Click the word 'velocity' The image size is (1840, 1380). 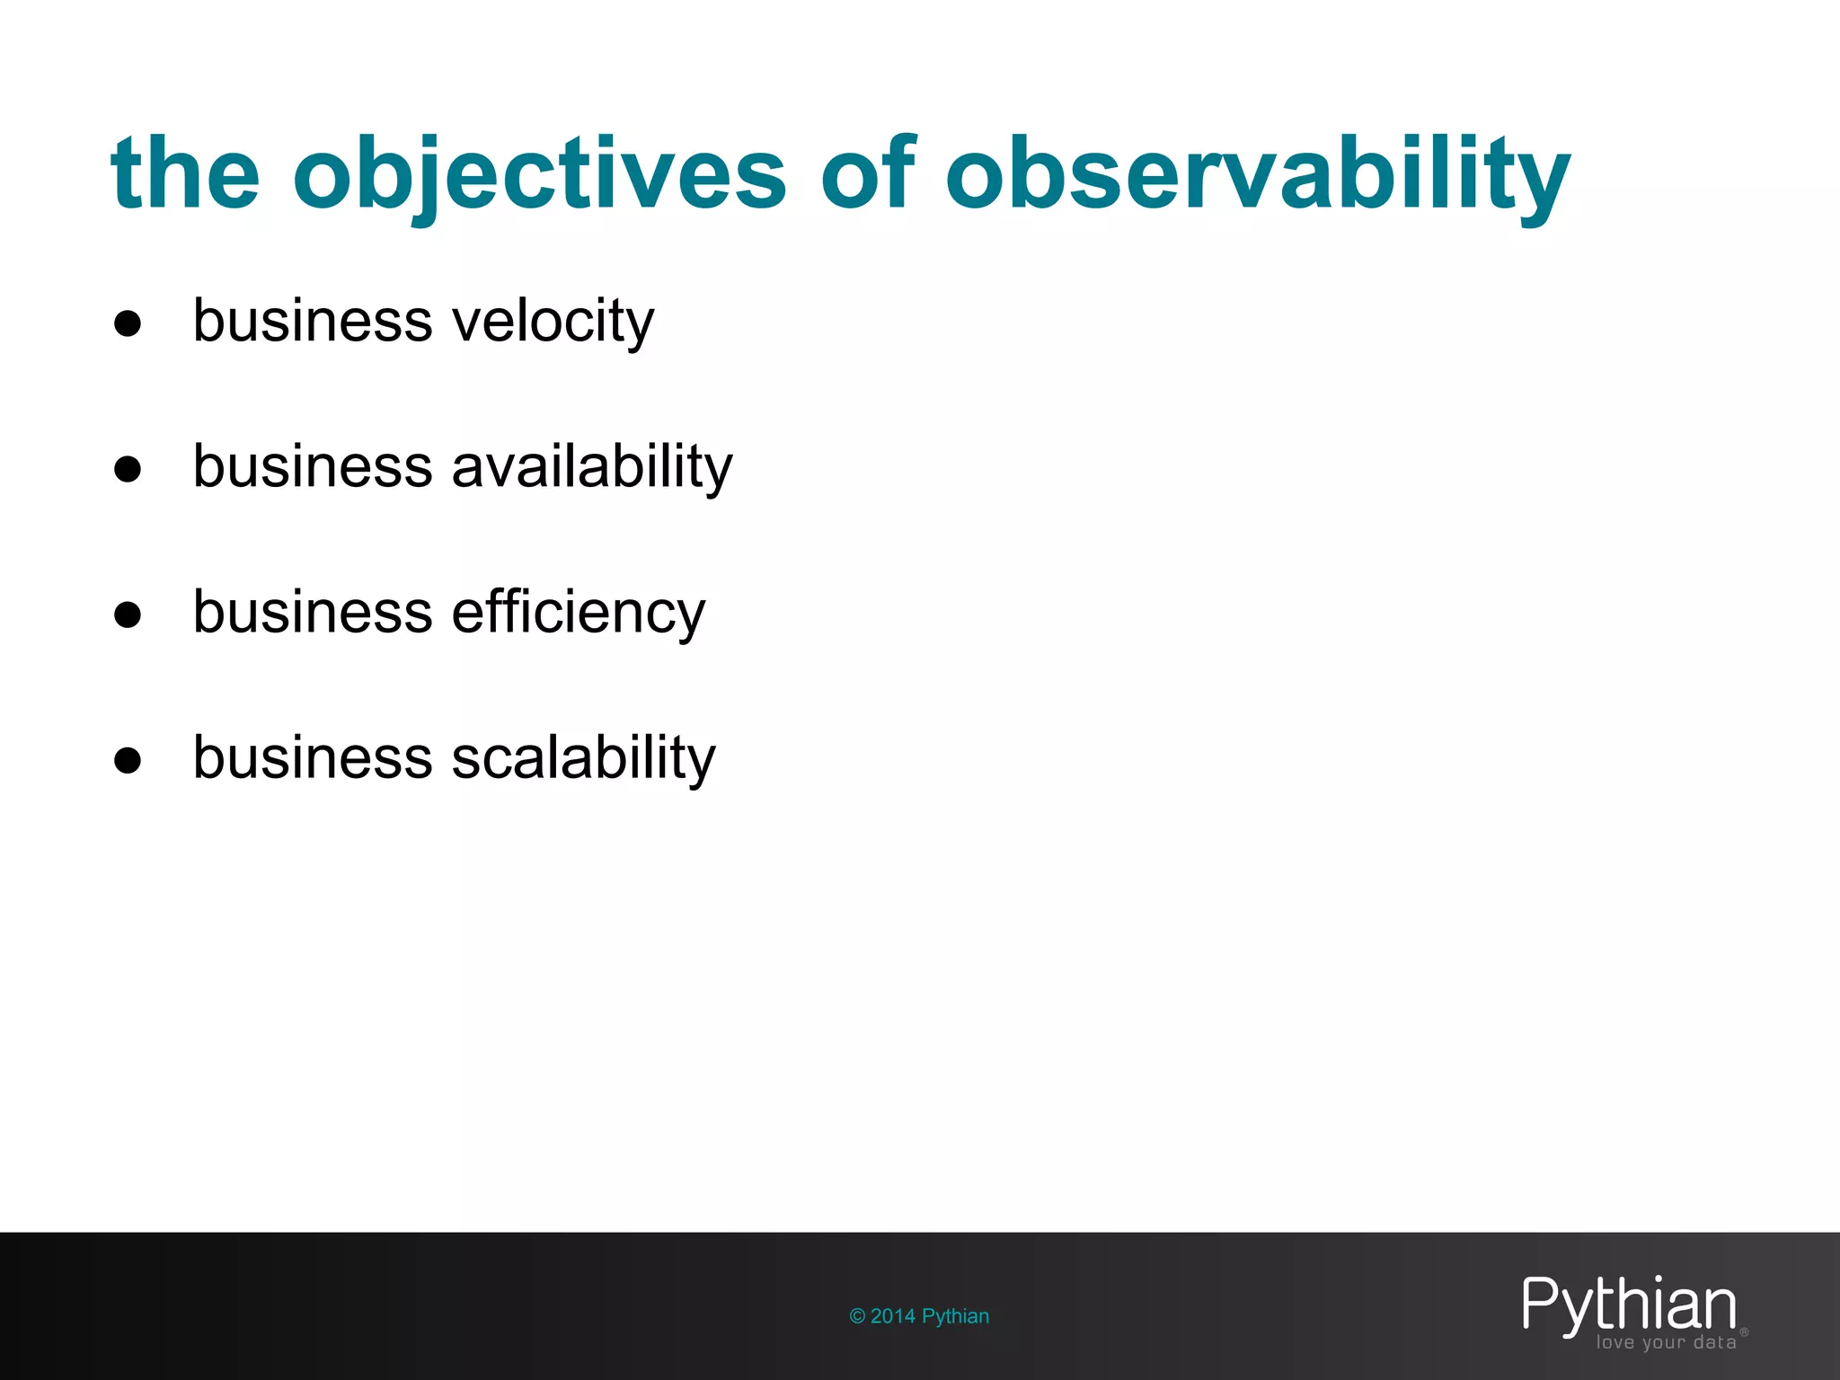point(553,321)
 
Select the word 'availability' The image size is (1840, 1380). point(592,466)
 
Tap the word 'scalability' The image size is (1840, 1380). point(583,757)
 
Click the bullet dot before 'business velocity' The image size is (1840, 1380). point(128,323)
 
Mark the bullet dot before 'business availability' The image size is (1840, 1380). point(128,469)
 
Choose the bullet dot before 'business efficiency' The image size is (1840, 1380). point(128,615)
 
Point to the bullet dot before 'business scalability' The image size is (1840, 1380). point(128,760)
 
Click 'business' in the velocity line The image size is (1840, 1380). point(314,321)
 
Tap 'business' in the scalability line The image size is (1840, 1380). point(314,757)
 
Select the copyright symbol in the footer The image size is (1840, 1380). point(857,1316)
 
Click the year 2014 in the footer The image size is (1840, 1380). point(893,1316)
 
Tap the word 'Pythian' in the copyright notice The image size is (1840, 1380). point(955,1316)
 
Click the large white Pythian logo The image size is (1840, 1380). point(1629,1305)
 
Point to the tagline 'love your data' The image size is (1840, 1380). point(1666,1342)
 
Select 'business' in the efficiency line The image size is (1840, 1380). point(314,613)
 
